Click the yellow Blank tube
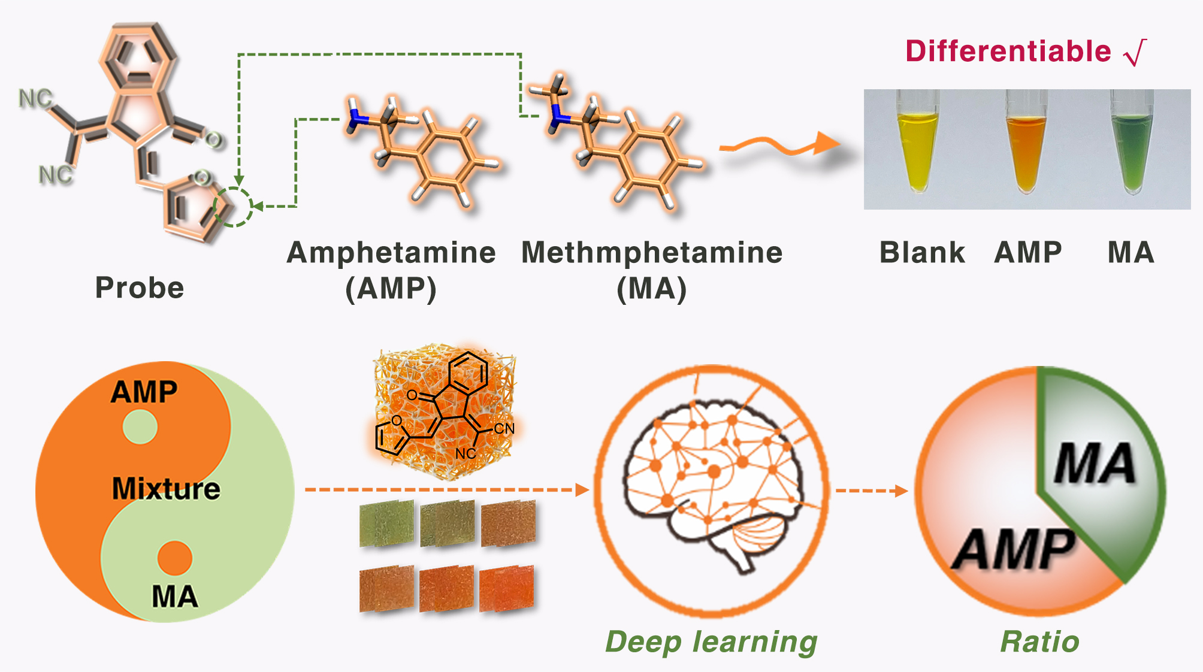tap(917, 150)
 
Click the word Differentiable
tap(1008, 52)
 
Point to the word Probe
tap(140, 288)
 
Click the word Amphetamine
tap(391, 253)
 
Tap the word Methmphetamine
tap(652, 253)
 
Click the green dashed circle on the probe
tap(234, 207)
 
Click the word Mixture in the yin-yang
tap(166, 489)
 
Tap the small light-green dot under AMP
tap(140, 427)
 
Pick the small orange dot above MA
tap(175, 558)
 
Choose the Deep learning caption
tap(711, 642)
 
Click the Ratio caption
tap(1040, 642)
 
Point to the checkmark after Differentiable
tap(1136, 53)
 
